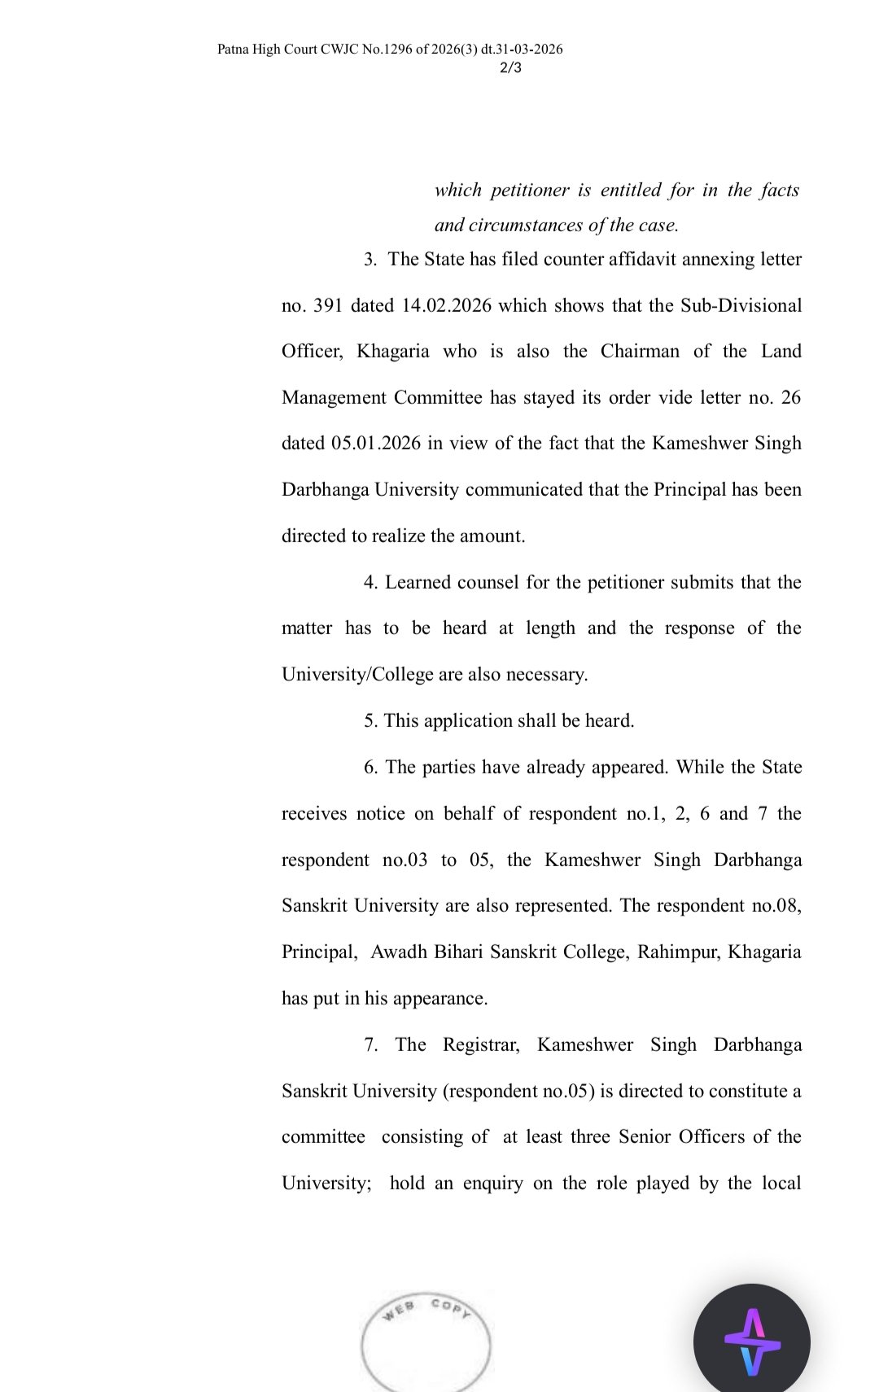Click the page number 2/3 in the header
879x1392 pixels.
[x=510, y=67]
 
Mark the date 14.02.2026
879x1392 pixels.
[x=447, y=305]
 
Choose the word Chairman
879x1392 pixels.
[x=640, y=351]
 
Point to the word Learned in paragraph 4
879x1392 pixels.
[x=418, y=582]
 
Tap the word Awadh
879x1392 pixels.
[x=397, y=952]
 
